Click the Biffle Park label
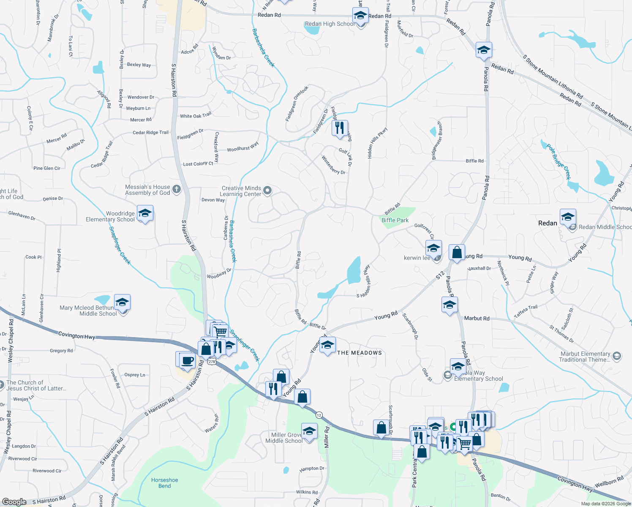395,220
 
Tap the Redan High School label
330,24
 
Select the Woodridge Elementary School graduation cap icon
145,214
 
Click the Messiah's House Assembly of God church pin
177,189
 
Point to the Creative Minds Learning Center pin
267,191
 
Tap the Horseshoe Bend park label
165,483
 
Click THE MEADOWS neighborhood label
360,353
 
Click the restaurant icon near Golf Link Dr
340,128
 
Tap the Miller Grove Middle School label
284,438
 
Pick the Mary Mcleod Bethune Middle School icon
122,303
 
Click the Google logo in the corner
14,502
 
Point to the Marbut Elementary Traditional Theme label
585,357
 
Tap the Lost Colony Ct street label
198,164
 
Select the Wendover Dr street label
141,97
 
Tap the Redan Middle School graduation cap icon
568,217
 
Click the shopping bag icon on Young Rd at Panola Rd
457,253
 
